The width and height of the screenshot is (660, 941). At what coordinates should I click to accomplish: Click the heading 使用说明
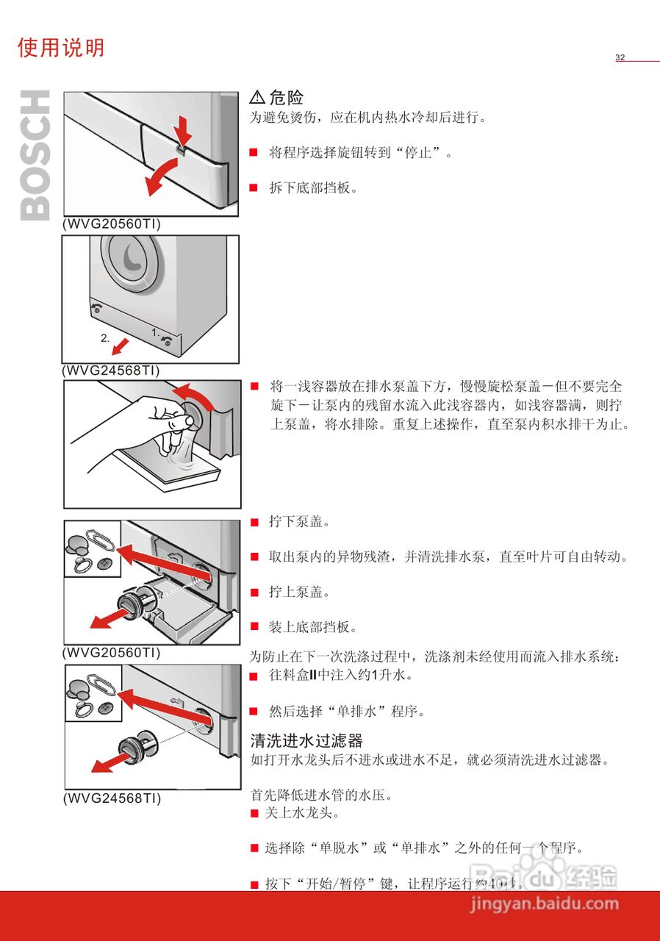[x=61, y=49]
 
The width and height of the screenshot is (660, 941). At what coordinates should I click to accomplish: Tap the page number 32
[x=620, y=58]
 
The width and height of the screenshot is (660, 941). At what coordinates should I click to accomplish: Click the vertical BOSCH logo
[x=35, y=155]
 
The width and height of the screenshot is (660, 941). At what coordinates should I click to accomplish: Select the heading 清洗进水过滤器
[x=306, y=740]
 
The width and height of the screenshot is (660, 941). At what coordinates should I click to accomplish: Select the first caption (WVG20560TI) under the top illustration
[x=111, y=223]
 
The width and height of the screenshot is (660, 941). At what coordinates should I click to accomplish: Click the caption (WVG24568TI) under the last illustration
[x=111, y=798]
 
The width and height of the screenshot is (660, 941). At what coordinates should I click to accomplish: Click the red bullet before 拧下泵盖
[x=254, y=523]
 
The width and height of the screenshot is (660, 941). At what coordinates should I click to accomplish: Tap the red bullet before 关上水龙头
[x=254, y=814]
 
